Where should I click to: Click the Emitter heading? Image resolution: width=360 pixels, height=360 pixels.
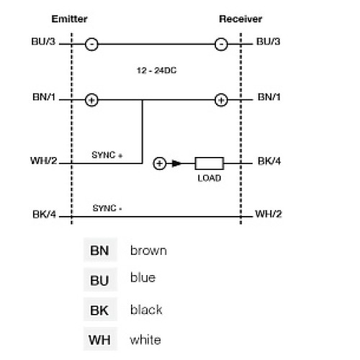69,19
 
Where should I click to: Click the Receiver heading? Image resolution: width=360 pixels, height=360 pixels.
240,19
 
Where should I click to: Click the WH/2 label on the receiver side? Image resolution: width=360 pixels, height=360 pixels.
268,215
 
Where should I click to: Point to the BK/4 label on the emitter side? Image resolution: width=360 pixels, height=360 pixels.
45,215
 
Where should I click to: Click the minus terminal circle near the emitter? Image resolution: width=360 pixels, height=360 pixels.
91,44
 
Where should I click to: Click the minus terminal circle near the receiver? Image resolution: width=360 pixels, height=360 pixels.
221,44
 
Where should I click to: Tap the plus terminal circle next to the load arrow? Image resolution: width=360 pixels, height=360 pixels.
159,163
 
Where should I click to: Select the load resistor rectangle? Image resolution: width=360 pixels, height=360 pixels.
209,163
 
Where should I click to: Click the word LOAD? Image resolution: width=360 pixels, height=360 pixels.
209,178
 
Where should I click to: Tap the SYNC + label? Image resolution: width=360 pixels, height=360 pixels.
107,155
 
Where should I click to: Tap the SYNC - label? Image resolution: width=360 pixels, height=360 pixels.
107,208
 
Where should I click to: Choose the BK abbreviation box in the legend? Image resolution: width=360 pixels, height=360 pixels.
99,310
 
